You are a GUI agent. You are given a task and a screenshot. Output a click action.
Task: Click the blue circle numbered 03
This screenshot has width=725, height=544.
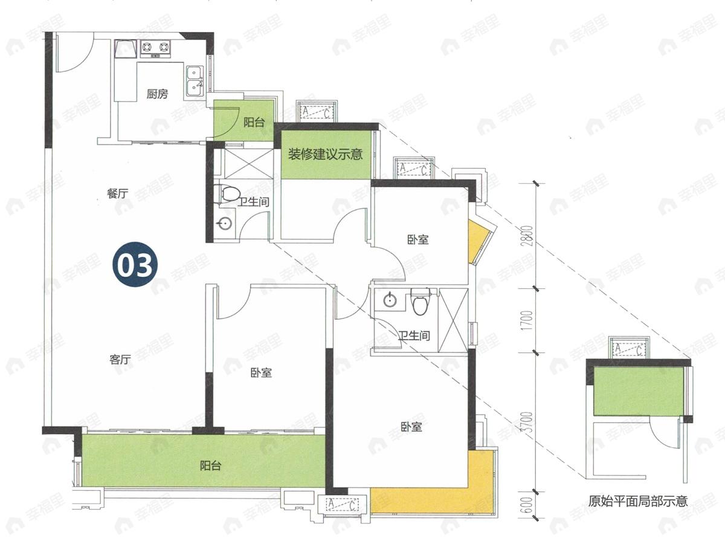[135, 266]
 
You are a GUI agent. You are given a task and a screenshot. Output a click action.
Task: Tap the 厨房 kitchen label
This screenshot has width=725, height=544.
[157, 94]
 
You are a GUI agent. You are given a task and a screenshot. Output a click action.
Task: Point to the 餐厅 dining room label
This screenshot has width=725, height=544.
[117, 193]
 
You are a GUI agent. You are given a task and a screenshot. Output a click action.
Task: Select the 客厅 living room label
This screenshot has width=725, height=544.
[120, 360]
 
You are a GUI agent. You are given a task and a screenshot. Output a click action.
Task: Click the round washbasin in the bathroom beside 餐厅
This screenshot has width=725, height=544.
[225, 224]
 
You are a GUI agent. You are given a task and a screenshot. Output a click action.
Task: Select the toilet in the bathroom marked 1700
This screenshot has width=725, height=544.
[419, 301]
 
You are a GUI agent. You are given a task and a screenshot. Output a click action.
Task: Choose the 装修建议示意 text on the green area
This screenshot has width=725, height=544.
[325, 154]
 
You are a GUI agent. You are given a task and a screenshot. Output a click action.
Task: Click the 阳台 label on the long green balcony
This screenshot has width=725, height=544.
[210, 466]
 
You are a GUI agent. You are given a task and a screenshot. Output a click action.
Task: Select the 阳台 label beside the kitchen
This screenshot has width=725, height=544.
[254, 123]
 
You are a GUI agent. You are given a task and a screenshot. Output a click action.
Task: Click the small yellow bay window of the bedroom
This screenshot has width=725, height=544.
[478, 241]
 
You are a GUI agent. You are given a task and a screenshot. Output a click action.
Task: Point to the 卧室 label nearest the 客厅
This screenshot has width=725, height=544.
[261, 373]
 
